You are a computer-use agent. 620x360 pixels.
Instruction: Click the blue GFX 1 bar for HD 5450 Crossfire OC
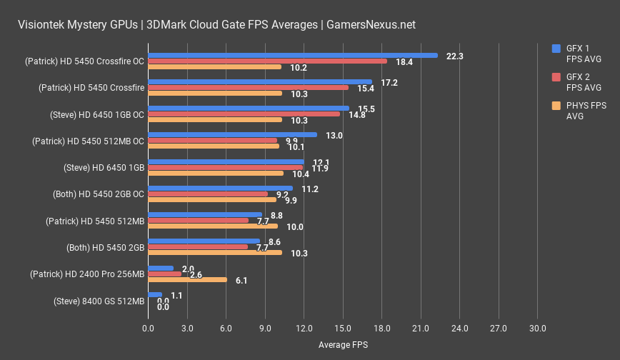(293, 55)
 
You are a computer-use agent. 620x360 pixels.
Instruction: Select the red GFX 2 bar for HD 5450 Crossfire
(248, 88)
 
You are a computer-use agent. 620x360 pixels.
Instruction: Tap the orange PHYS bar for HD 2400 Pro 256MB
(187, 280)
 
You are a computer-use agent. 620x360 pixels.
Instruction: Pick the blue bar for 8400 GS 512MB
(155, 294)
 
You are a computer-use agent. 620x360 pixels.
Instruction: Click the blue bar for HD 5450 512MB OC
(232, 134)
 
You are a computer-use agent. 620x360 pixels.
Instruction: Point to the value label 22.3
(454, 56)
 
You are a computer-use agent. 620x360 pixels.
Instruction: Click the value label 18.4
(404, 62)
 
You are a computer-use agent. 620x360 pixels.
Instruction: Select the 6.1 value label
(241, 281)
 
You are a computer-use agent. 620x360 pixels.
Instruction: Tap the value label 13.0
(334, 135)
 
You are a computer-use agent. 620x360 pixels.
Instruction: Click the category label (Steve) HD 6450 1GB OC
(97, 114)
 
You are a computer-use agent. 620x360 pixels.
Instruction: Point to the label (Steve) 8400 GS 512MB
(99, 301)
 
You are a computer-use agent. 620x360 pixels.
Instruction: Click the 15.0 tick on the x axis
(343, 329)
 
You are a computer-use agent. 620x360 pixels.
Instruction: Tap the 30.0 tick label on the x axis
(537, 329)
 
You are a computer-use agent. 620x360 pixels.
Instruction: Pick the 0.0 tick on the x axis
(148, 329)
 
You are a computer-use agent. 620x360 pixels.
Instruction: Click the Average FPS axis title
(343, 345)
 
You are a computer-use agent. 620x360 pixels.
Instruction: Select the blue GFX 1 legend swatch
(556, 49)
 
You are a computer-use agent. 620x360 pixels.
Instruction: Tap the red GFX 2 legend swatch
(556, 77)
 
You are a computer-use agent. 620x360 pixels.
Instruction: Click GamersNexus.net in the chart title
(369, 25)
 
